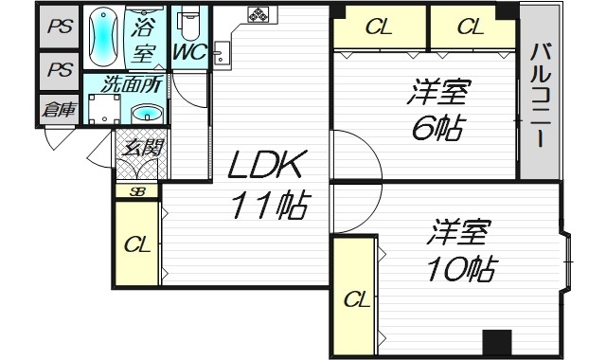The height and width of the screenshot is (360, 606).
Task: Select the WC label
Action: coord(188,53)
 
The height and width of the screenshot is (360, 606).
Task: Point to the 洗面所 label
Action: coord(132,83)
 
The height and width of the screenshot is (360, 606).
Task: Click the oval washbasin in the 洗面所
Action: coord(145,115)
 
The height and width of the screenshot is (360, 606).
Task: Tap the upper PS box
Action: coord(61,26)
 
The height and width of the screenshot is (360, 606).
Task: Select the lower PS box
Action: coord(61,68)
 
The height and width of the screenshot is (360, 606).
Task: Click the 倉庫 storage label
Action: coord(59,109)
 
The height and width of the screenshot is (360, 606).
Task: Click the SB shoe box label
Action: coord(137,191)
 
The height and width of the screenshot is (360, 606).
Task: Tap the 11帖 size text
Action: coord(270,205)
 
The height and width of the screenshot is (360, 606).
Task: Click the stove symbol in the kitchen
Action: coord(258,15)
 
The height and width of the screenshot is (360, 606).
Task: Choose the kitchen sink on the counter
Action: coord(223,52)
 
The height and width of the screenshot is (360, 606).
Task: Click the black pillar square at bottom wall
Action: coord(496,341)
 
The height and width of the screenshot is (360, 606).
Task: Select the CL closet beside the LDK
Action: coord(137,245)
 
